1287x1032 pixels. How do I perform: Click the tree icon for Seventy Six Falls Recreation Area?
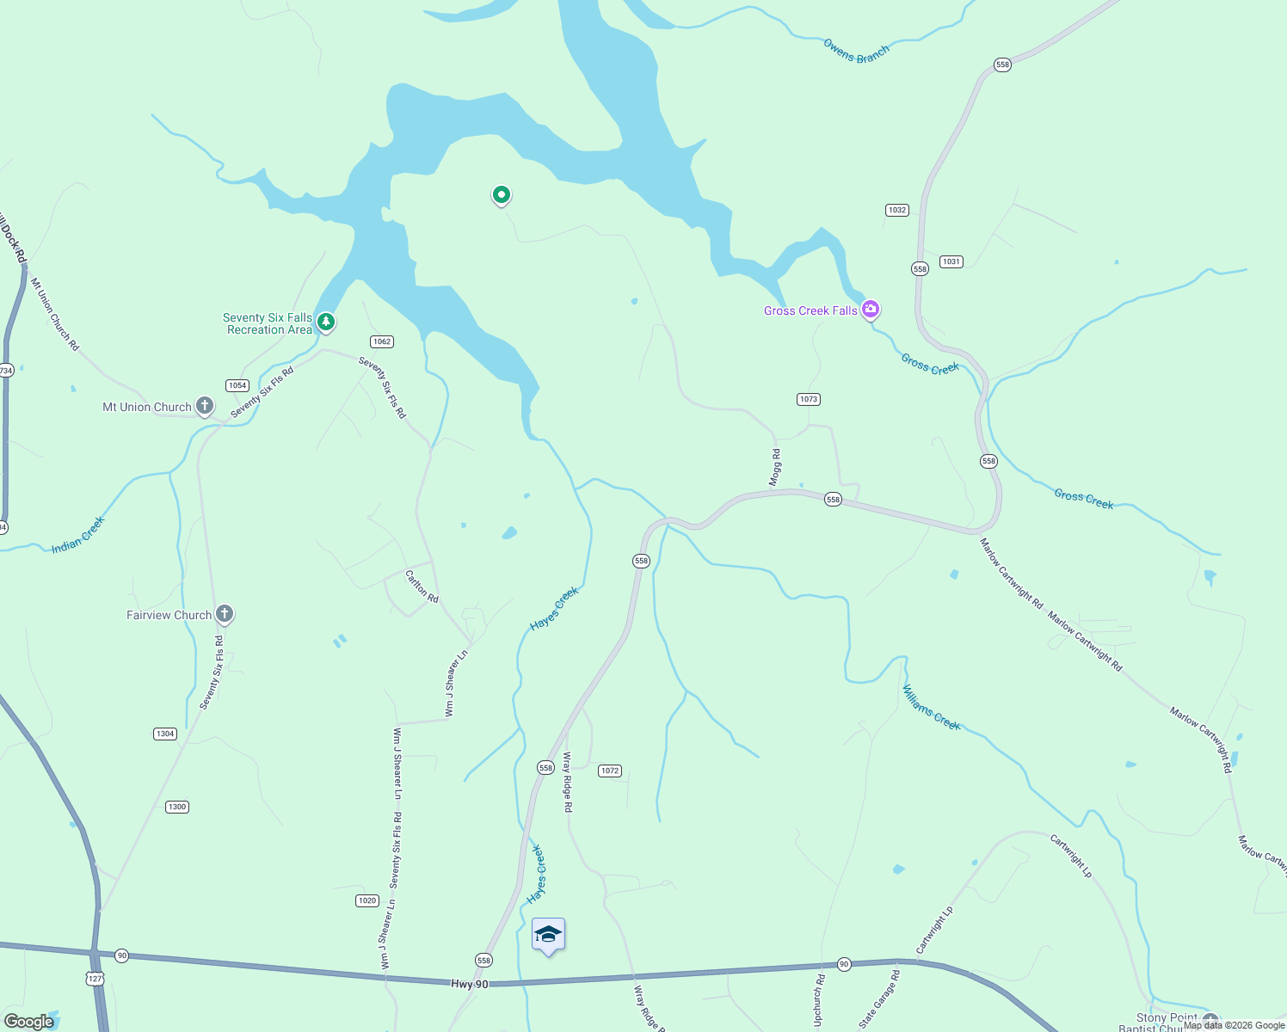click(325, 322)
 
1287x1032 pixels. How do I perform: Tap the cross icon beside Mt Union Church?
click(204, 406)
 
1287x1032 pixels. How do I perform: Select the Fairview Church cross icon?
click(224, 614)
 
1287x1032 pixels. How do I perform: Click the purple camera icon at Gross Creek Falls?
click(870, 309)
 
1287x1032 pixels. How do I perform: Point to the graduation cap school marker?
click(548, 935)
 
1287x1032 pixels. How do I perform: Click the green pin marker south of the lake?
click(501, 195)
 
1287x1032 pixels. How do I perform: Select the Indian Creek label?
click(78, 535)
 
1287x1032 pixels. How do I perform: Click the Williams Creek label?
click(931, 707)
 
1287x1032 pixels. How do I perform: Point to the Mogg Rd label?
click(776, 468)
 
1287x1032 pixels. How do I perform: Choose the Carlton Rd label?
click(422, 587)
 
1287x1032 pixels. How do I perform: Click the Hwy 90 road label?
click(469, 984)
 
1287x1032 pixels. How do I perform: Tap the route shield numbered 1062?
click(382, 341)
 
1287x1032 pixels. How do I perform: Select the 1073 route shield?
click(808, 399)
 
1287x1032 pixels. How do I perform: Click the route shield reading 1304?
click(165, 734)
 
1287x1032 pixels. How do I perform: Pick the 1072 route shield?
click(610, 771)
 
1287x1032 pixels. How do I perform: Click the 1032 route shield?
click(896, 210)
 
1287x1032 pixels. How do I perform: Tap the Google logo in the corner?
click(28, 1022)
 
